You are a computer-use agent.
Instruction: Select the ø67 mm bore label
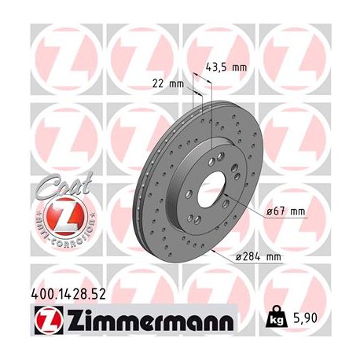[x=287, y=211]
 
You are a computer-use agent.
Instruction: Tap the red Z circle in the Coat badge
[x=57, y=213]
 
